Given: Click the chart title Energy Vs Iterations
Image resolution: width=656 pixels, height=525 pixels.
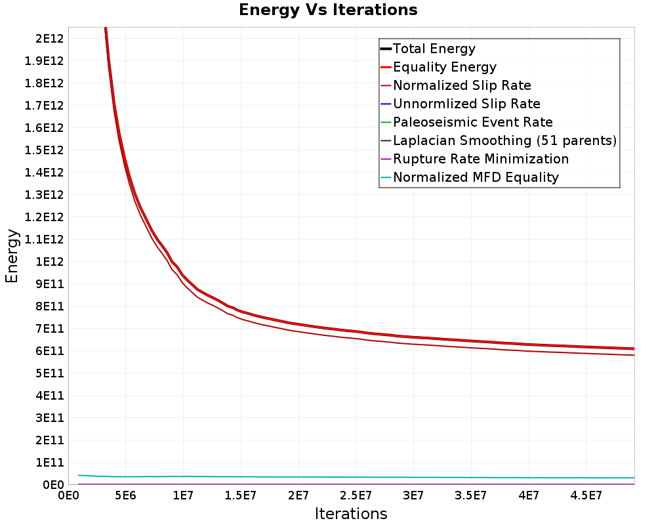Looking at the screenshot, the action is point(328,10).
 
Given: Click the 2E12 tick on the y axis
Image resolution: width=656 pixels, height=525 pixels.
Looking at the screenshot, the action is point(49,39).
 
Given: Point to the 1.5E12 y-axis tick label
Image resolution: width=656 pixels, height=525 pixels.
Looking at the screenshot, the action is point(44,150).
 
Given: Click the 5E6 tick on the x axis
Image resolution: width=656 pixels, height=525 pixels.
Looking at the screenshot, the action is point(126,496).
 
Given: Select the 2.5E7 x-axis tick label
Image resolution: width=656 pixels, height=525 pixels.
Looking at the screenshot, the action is point(356,496).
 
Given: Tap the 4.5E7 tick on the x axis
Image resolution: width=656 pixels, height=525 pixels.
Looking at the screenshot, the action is point(586,496).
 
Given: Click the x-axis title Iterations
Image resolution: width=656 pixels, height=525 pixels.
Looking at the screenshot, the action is point(351,514).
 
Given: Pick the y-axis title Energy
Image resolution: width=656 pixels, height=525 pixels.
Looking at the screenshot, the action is point(12,256).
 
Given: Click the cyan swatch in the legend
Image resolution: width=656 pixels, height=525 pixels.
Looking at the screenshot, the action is point(386,177).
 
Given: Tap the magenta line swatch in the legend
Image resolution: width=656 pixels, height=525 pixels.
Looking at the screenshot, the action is point(386,159).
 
